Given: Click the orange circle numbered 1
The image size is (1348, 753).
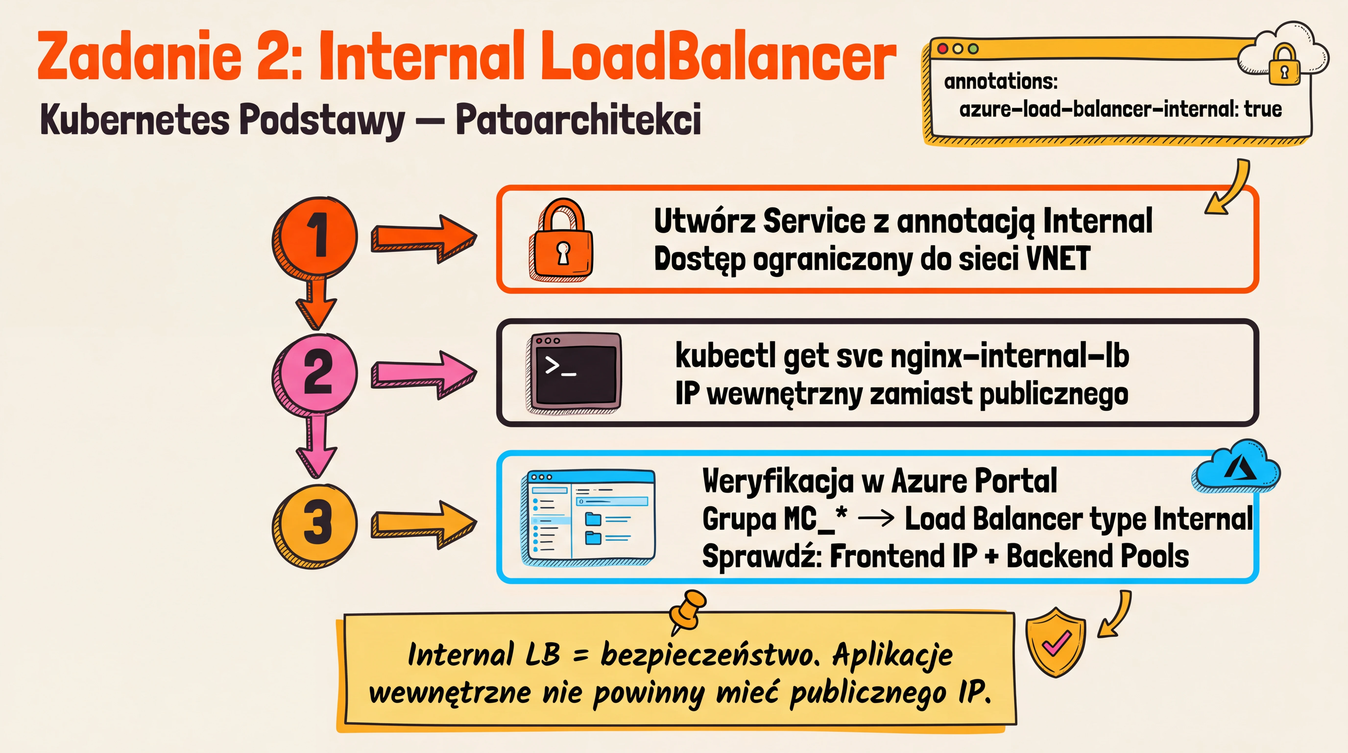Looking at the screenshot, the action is pyautogui.click(x=315, y=237).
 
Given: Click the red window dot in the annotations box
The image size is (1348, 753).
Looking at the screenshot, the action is pyautogui.click(x=942, y=49).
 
